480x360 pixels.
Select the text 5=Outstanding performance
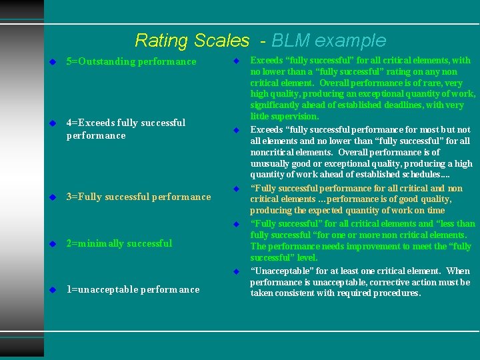pyautogui.click(x=131, y=62)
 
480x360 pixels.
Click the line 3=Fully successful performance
pyautogui.click(x=139, y=197)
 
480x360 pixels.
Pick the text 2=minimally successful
pyautogui.click(x=119, y=243)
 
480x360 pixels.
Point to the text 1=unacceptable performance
pyautogui.click(x=133, y=289)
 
